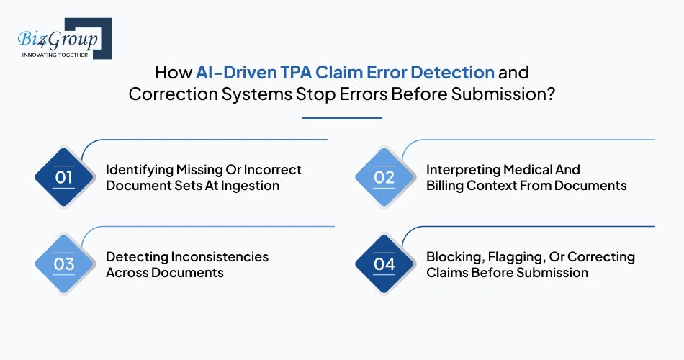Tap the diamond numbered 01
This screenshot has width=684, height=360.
click(64, 177)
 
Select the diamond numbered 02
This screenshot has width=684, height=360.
click(384, 177)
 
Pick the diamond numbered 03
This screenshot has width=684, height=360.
click(64, 264)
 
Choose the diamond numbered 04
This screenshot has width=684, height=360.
click(384, 264)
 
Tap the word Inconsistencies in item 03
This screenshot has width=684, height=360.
click(220, 257)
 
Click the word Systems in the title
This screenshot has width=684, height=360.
click(262, 95)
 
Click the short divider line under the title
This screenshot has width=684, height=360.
click(342, 117)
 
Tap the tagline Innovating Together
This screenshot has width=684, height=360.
click(55, 55)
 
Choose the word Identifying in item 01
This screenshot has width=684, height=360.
click(140, 170)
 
